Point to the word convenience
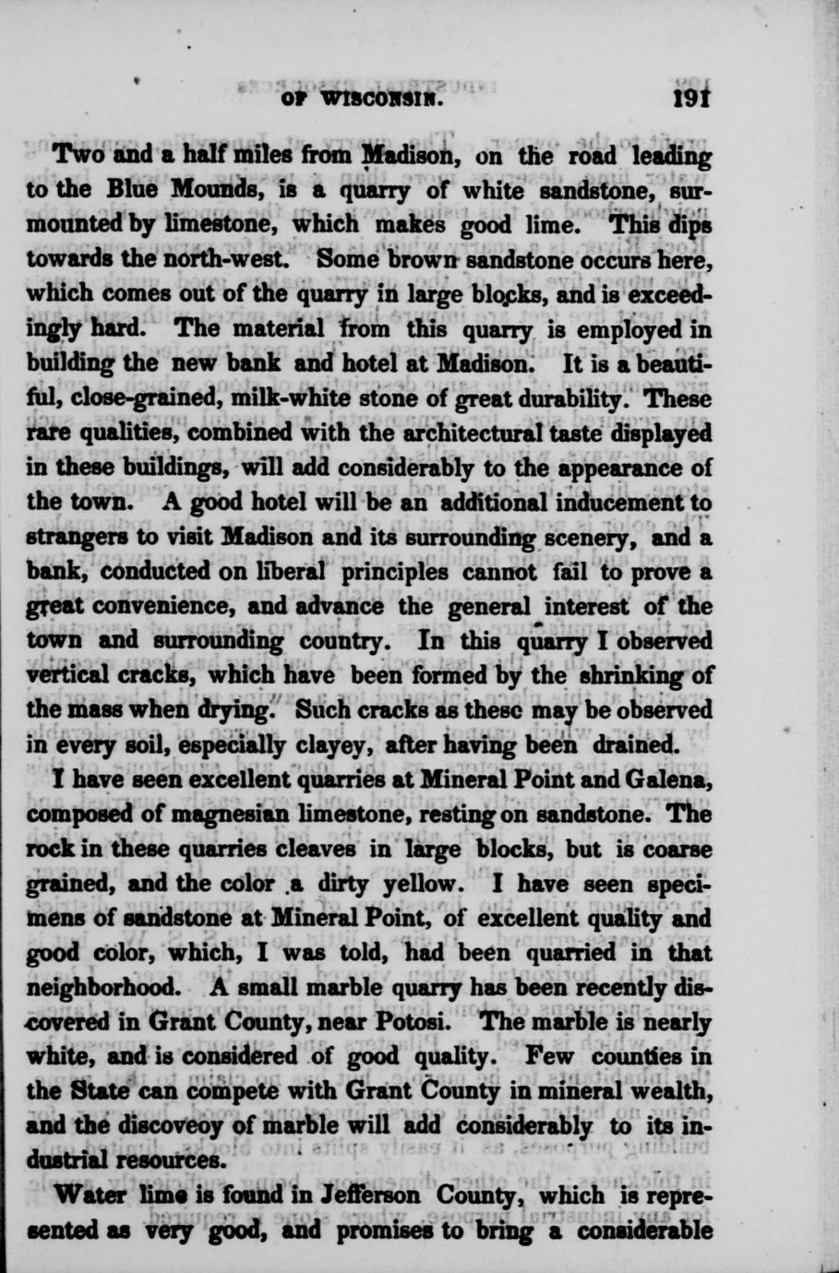point(238,607)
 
